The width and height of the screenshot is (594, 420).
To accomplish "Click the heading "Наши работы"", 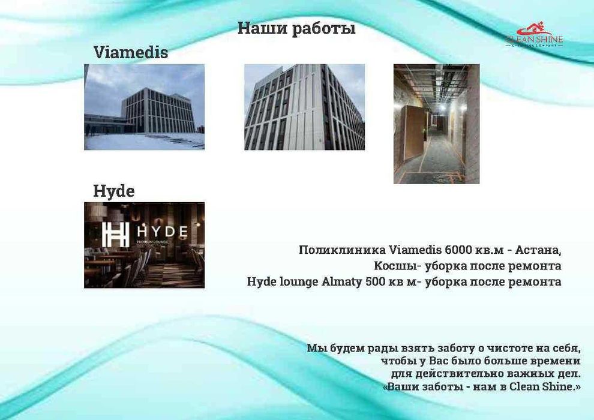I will point(296,29).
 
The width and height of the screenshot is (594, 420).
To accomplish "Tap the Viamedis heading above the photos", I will point(130,53).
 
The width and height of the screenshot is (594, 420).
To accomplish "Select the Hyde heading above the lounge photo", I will point(113,191).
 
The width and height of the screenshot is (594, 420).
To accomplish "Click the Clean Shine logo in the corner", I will point(534,35).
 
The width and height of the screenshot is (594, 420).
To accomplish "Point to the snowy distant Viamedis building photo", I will point(144,107).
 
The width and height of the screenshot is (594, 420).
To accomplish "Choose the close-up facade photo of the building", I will point(304,107).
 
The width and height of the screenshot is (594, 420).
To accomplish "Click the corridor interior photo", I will point(436,124).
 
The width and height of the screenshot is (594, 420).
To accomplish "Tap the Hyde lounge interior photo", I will point(144,245).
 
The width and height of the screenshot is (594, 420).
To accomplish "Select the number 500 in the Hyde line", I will point(376,281).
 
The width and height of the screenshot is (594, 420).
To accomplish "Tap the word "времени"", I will point(554,361).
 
